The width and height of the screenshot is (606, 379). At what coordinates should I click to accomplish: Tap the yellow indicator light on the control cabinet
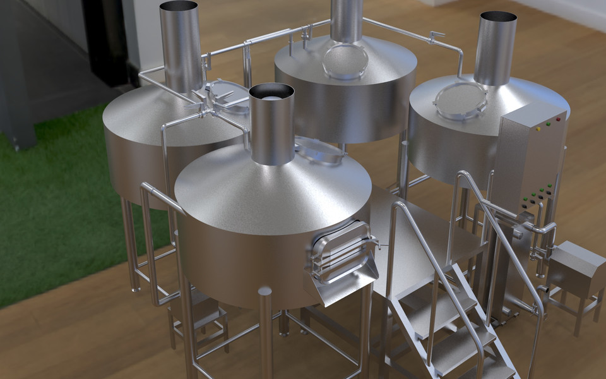point(538,129)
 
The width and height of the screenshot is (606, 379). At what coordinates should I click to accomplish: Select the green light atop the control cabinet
point(547,124)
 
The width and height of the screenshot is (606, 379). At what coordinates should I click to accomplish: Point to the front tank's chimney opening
point(271,93)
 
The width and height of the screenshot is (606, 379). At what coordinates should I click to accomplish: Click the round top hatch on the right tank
point(461,100)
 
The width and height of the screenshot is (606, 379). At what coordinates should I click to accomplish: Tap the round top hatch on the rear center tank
point(345,61)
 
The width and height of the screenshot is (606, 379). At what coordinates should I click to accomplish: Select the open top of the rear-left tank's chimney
point(180,6)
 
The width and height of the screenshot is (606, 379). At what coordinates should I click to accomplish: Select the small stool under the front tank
point(202,316)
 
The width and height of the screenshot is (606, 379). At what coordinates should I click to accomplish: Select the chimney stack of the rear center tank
point(347,19)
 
